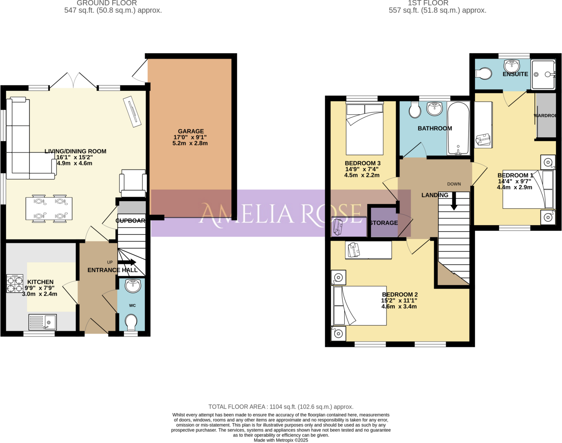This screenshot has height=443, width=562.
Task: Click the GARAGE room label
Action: tap(191, 131)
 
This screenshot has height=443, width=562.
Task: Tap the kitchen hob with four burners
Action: tap(15, 284)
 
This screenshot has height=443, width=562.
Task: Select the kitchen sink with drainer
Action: tap(43, 322)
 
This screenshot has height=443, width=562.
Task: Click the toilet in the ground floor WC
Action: tap(131, 322)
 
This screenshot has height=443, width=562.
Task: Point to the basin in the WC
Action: tap(133, 286)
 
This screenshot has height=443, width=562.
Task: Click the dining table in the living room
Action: tap(49, 208)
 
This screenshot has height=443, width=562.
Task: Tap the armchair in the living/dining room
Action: tap(133, 183)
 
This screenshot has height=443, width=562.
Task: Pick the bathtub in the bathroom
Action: tap(458, 128)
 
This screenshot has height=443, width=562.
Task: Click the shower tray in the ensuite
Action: tap(543, 74)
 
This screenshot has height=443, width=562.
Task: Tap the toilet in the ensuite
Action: tap(484, 74)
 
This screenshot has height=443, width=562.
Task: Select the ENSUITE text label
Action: tap(515, 74)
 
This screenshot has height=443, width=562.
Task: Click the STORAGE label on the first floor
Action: tap(383, 223)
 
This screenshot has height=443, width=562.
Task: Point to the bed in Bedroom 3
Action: tap(364, 129)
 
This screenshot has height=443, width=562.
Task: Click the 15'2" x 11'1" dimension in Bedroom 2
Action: tap(399, 300)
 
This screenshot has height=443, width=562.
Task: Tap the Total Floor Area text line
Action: tap(281, 407)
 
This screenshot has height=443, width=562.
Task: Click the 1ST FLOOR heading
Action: tap(428, 3)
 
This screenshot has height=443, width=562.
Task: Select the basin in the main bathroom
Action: tap(434, 109)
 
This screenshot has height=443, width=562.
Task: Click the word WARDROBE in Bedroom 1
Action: tap(545, 115)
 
